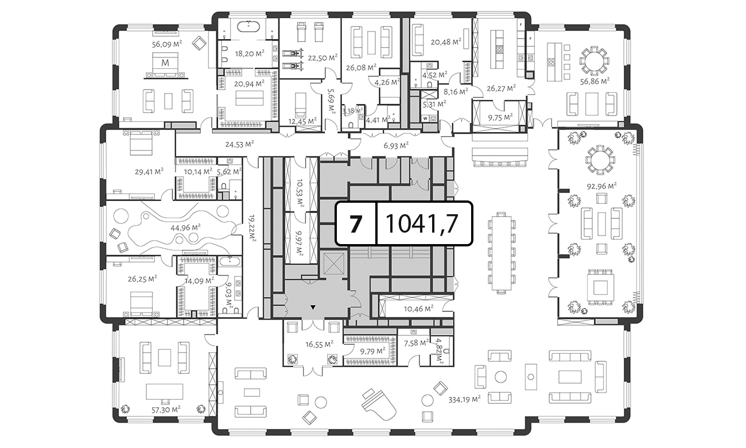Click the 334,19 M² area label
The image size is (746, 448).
[465, 399]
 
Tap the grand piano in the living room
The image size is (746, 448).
[379, 405]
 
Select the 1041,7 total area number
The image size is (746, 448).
[422, 223]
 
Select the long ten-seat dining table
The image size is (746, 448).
[501, 253]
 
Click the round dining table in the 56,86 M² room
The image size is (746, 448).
[595, 61]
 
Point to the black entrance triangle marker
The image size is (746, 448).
[313, 307]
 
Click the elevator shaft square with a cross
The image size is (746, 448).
[335, 264]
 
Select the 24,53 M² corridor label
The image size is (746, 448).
[239, 144]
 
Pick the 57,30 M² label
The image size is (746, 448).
[166, 410]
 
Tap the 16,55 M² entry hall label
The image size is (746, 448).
[319, 345]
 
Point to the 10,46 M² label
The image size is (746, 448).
[418, 309]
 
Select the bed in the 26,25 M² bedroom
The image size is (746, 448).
[141, 304]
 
